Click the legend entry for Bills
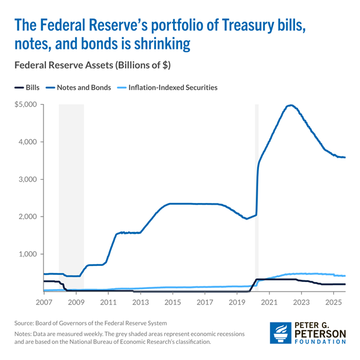pos(27,87)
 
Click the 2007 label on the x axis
pos(44,302)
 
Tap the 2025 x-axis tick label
pos(334,302)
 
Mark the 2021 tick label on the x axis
pos(270,302)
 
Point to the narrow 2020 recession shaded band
pos(257,196)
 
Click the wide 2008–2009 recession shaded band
pos(71,196)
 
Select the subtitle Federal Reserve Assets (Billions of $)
pos(92,64)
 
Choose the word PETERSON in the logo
pos(321,336)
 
